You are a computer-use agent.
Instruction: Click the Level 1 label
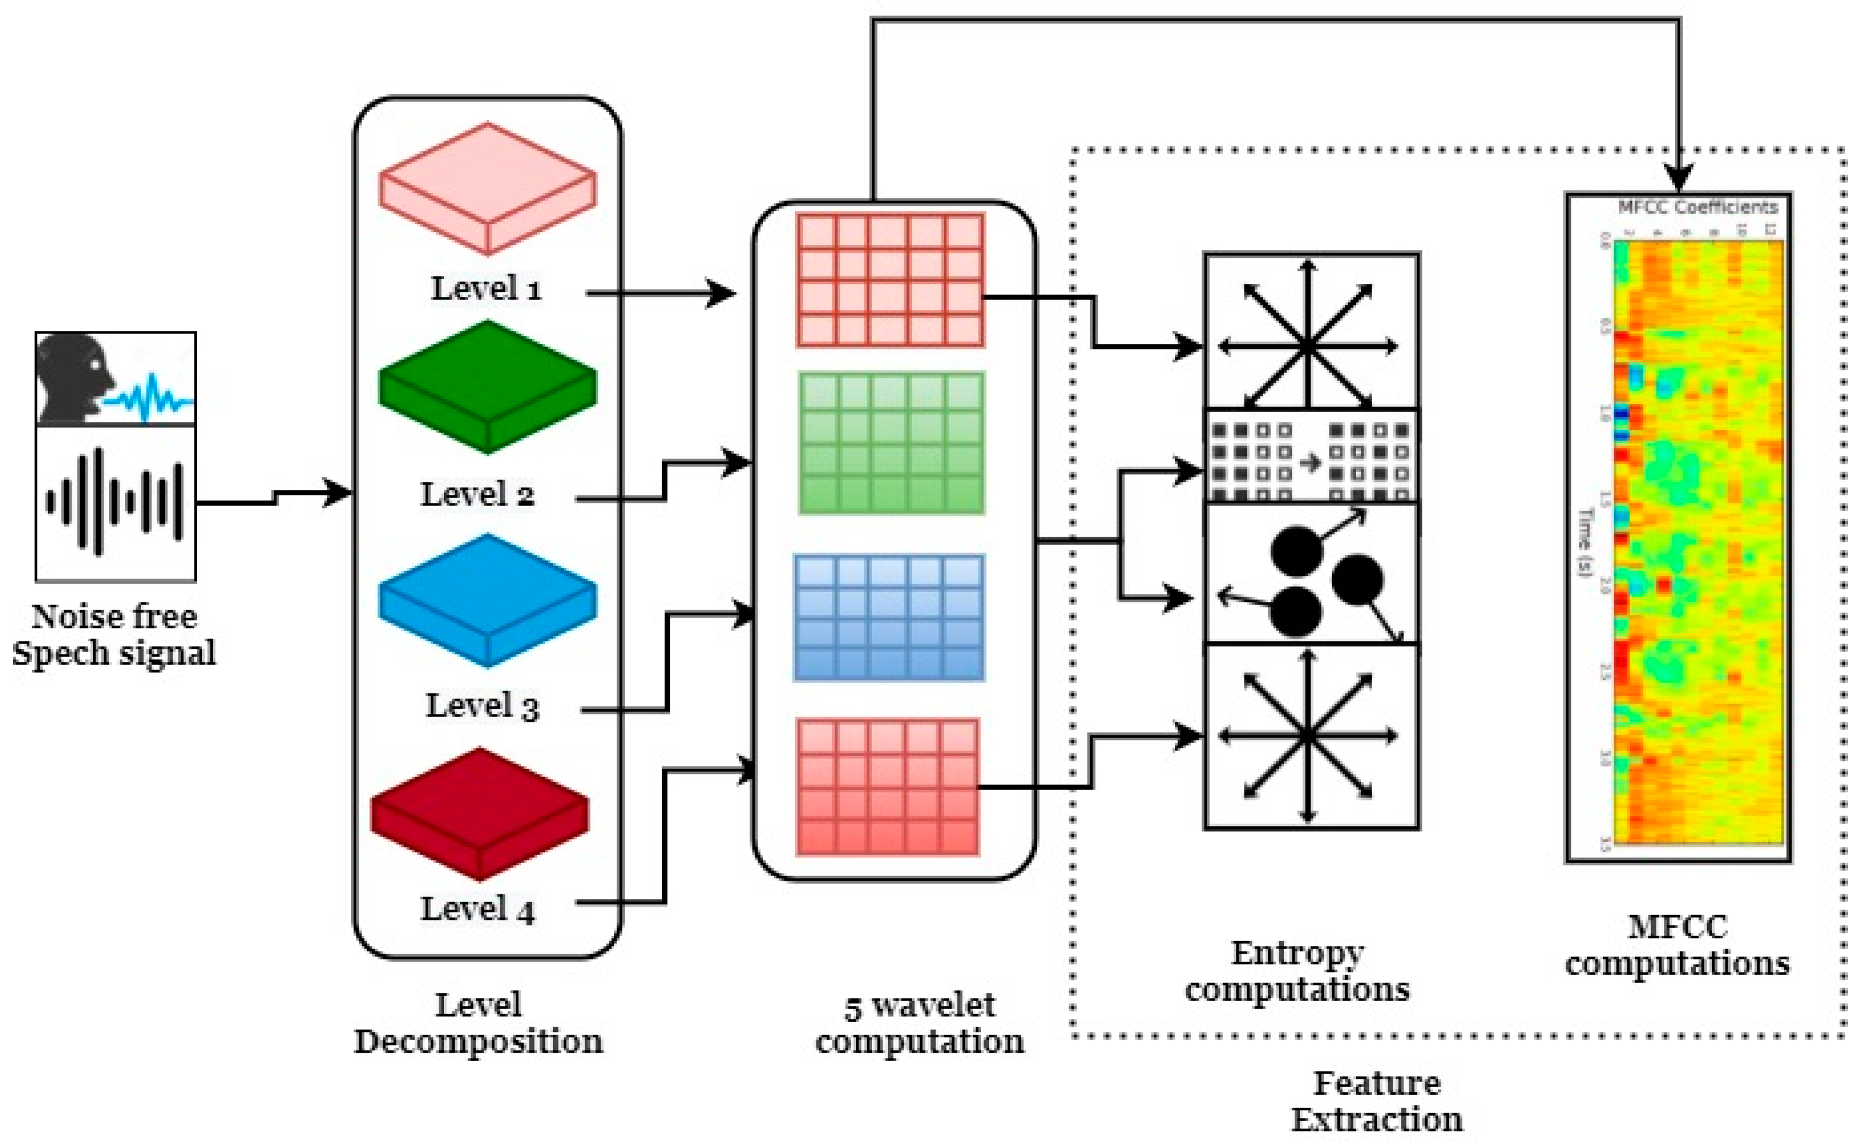(487, 289)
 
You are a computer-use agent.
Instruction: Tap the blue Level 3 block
(487, 600)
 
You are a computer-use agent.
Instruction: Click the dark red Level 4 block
(480, 813)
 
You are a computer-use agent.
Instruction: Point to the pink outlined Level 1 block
(487, 188)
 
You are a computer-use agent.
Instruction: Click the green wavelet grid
(892, 442)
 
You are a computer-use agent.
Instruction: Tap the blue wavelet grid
(889, 617)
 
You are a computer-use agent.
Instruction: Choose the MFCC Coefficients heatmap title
(1697, 207)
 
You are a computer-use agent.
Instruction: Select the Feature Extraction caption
(1377, 1101)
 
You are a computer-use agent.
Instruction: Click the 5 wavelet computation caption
(920, 1023)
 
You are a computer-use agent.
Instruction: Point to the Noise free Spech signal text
(114, 635)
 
